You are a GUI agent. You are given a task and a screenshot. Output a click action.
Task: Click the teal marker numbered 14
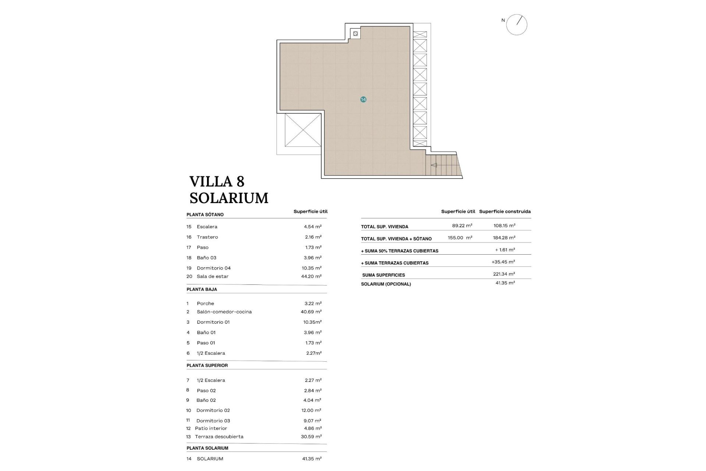[363, 99]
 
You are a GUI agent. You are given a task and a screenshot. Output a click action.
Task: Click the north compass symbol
[517, 25]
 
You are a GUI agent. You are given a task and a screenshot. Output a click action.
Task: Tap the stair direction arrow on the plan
[434, 165]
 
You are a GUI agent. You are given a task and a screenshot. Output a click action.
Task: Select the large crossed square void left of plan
[303, 130]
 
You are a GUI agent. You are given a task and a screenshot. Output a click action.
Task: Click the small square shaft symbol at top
[355, 34]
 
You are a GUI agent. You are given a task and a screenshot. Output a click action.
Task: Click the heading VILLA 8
[217, 181]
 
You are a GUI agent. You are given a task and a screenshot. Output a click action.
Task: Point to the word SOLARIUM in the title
[229, 198]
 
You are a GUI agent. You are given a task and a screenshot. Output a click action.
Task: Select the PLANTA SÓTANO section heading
[205, 215]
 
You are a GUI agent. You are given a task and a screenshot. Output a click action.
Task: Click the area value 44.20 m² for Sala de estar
[311, 276]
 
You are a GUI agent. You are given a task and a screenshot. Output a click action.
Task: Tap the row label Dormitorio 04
[214, 268]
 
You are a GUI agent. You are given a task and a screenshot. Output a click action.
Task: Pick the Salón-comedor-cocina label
[224, 312]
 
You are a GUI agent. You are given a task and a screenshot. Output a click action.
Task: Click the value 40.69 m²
[311, 312]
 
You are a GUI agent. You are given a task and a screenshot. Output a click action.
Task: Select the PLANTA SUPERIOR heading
[207, 365]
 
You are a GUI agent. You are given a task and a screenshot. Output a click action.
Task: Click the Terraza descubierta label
[219, 437]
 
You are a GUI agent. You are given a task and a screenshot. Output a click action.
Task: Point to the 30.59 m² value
[311, 437]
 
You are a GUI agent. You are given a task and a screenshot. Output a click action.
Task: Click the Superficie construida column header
[504, 212]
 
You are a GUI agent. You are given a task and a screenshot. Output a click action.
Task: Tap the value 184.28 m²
[504, 238]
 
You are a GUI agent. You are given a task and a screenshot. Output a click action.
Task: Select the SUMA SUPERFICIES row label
[384, 275]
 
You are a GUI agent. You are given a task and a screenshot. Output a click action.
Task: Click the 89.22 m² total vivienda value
[462, 226]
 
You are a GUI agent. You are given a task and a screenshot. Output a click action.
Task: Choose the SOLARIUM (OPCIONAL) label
[386, 284]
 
